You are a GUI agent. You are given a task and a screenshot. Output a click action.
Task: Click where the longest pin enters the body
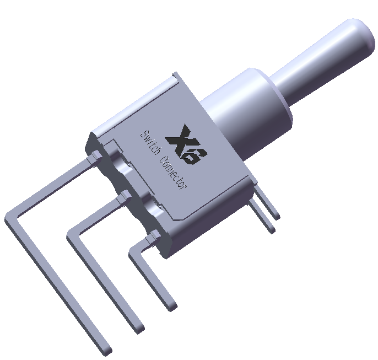tap(92, 159)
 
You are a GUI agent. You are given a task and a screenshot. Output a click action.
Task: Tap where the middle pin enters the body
tap(123, 196)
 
